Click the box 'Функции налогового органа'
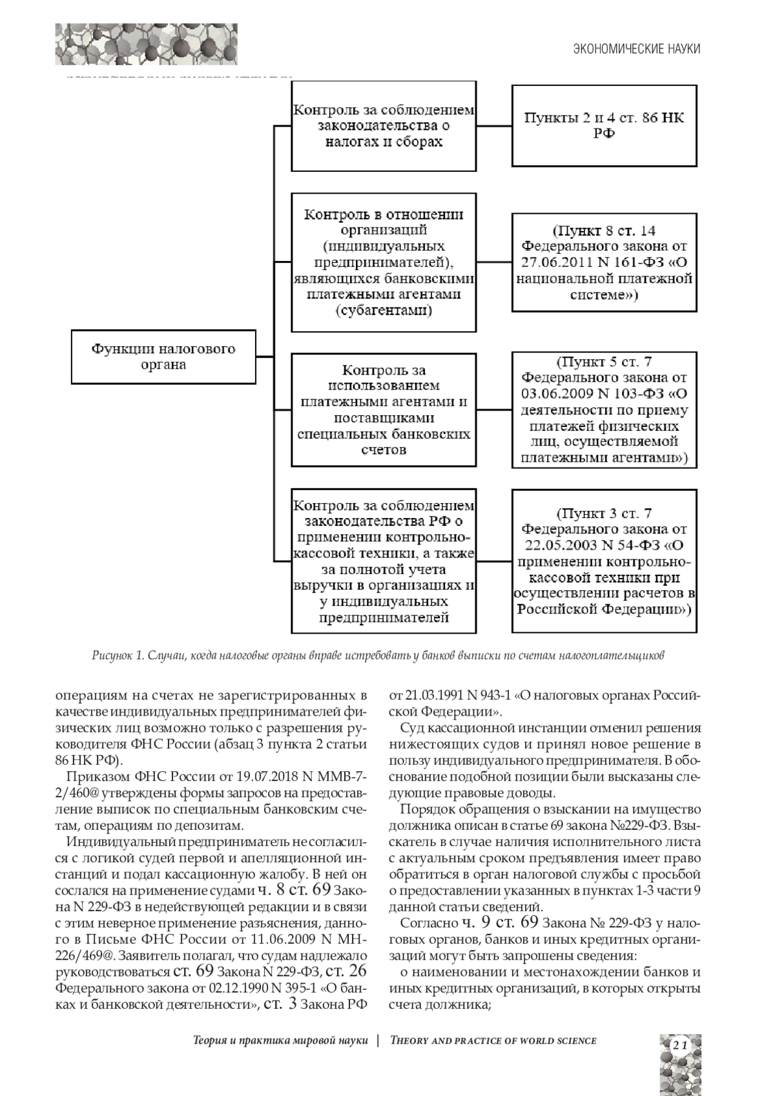(x=163, y=357)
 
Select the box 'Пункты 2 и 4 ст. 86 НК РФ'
(x=604, y=126)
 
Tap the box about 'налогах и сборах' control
(x=384, y=126)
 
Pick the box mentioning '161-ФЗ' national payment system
(x=604, y=263)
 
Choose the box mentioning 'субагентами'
(x=384, y=263)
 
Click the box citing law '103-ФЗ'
(x=604, y=409)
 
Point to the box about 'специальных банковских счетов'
(x=384, y=409)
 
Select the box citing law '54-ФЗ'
(x=604, y=561)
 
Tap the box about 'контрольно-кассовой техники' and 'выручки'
(x=384, y=561)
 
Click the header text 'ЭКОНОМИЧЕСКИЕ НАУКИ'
(x=637, y=49)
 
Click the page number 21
(x=679, y=1045)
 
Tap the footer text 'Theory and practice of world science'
(x=493, y=1040)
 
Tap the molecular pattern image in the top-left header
(x=146, y=44)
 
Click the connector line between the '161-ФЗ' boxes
(x=494, y=263)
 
